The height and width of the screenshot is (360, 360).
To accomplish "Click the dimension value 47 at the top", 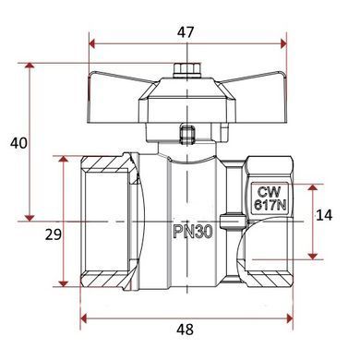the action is [186, 32].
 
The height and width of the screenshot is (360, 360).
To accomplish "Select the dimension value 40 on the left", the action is [18, 143].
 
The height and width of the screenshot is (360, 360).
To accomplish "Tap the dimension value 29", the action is [54, 234].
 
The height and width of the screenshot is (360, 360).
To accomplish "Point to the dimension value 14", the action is [324, 215].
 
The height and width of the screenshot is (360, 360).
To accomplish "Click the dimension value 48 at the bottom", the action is [186, 330].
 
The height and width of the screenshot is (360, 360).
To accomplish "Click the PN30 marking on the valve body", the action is [193, 232].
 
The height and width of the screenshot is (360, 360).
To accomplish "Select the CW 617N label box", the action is [270, 198].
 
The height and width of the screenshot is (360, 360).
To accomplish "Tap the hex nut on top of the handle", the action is [187, 70].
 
